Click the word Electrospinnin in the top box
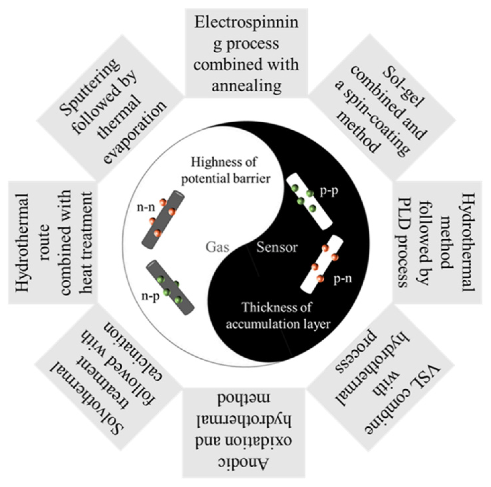click(246, 24)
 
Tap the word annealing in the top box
click(247, 86)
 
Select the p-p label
click(329, 191)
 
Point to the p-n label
click(343, 279)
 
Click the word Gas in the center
click(218, 247)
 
